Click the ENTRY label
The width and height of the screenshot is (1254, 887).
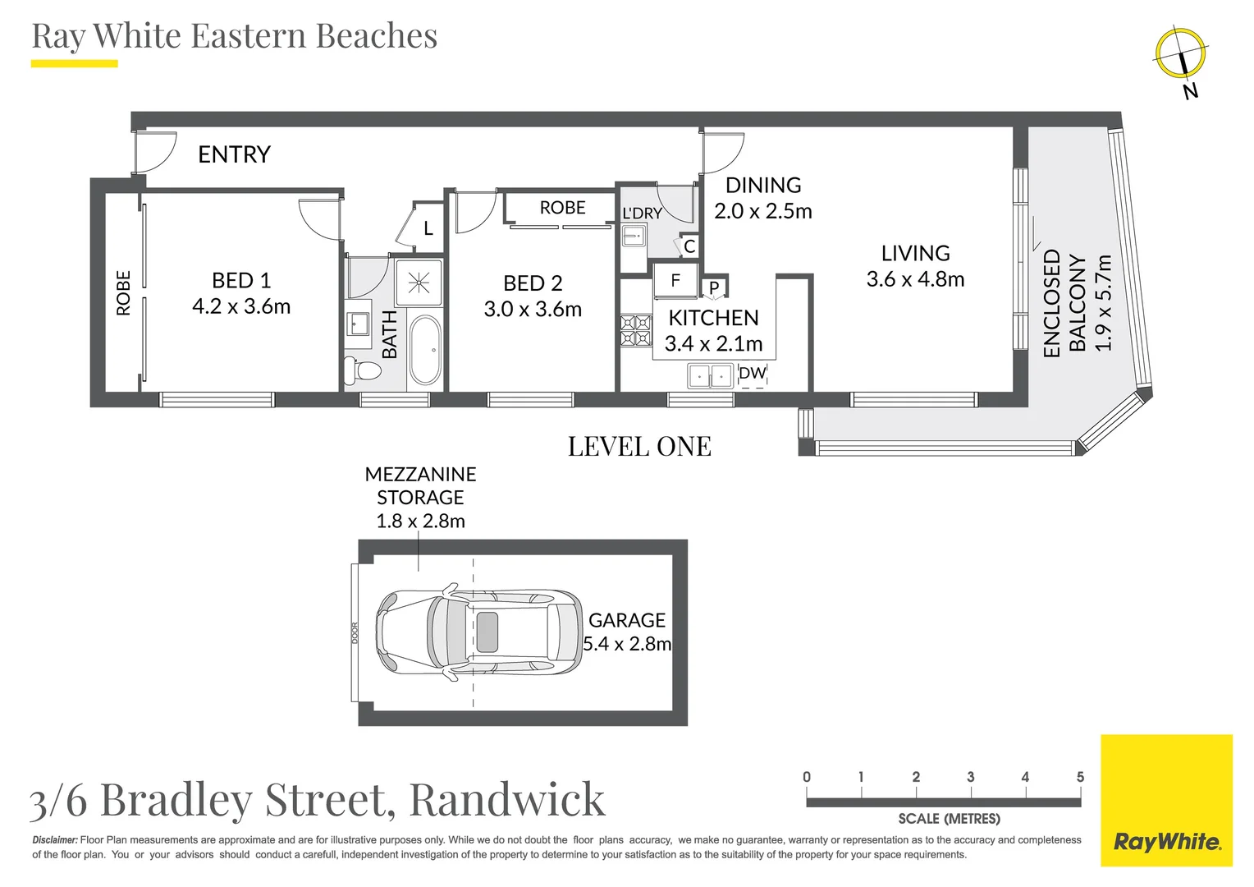(x=234, y=154)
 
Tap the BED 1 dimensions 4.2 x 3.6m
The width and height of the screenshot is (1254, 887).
(x=241, y=306)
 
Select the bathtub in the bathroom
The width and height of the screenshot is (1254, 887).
(x=425, y=350)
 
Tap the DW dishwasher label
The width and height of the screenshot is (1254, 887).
(x=752, y=373)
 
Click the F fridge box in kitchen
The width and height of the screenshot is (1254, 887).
(x=675, y=281)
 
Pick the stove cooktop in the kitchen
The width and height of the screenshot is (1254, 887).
(x=635, y=330)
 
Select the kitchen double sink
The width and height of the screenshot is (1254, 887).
(x=710, y=376)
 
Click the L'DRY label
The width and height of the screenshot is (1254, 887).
(x=642, y=214)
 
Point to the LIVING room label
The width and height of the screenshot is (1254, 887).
(x=915, y=253)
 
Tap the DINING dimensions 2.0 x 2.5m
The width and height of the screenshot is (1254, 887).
(x=762, y=211)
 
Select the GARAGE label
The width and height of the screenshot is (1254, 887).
(x=627, y=620)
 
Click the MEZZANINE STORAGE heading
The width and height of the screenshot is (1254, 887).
(x=420, y=485)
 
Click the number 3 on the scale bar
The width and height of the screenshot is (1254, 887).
(x=970, y=777)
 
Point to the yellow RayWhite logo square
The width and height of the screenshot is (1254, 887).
(x=1166, y=800)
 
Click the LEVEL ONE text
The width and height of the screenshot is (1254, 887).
(x=639, y=446)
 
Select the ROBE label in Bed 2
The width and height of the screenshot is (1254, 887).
(x=562, y=208)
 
